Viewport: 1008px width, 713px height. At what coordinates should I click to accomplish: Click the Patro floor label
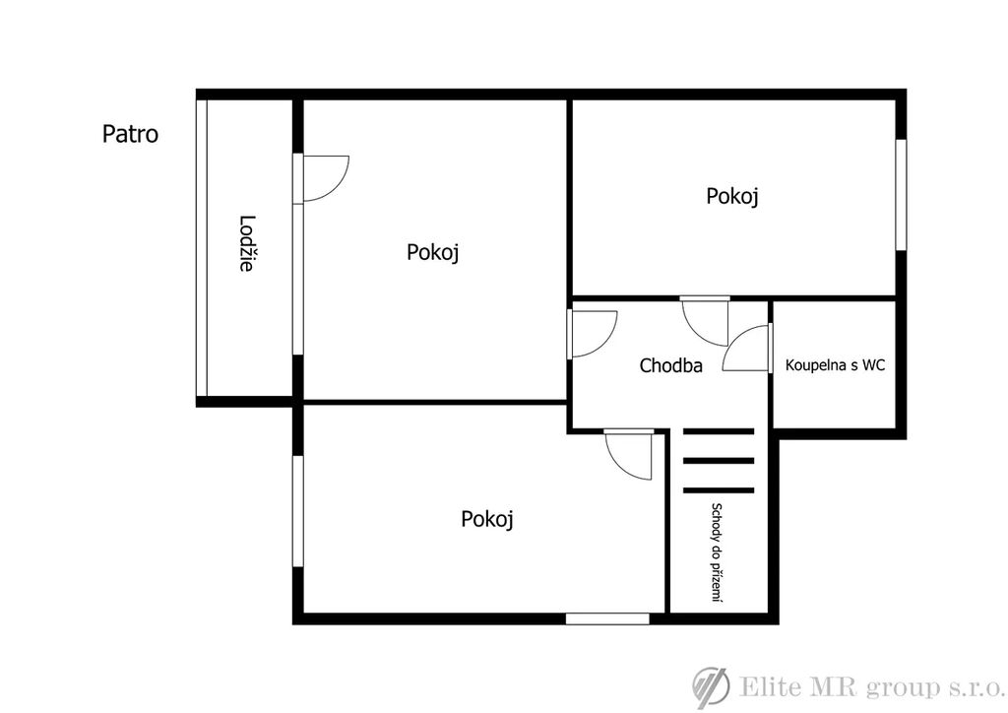click(131, 134)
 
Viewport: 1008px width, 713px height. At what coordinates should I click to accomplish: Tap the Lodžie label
click(246, 243)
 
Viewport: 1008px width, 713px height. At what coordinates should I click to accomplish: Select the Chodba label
click(670, 365)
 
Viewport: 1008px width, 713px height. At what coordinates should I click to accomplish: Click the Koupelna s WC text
click(835, 365)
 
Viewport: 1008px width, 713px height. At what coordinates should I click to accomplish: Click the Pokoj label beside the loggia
click(433, 252)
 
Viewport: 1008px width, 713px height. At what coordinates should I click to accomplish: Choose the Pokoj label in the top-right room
click(732, 196)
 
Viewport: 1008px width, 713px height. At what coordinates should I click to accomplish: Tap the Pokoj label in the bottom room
click(486, 519)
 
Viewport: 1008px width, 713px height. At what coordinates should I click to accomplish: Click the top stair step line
click(718, 431)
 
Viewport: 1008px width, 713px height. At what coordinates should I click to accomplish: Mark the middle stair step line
click(718, 460)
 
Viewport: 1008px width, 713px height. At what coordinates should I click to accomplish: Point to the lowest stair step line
click(718, 490)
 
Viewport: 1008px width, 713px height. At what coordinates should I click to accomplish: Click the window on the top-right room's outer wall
click(902, 194)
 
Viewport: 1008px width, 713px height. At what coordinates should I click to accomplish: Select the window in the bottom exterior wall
click(607, 618)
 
